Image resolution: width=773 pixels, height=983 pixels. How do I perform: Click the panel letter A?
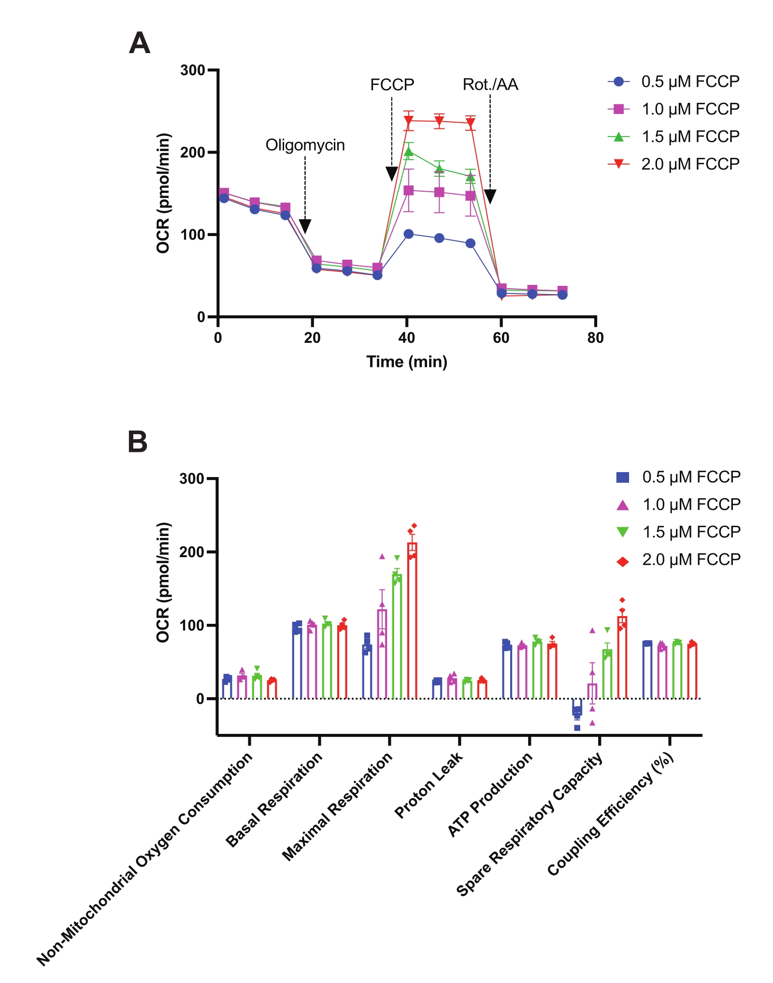tap(140, 43)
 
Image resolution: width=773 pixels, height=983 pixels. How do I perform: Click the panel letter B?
tap(137, 442)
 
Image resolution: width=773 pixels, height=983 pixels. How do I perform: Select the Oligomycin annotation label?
tap(305, 145)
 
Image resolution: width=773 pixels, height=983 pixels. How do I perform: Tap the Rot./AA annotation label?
tap(490, 85)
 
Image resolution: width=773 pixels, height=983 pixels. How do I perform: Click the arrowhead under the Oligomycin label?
tap(305, 226)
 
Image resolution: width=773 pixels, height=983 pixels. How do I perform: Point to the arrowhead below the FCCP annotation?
tap(392, 173)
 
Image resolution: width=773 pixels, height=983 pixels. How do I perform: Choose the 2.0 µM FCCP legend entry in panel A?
tap(673, 164)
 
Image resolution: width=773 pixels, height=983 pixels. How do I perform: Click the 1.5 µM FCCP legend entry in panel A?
tap(673, 137)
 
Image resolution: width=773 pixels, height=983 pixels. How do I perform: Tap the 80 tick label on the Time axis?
tap(595, 338)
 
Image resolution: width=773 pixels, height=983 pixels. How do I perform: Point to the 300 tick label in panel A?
tap(192, 70)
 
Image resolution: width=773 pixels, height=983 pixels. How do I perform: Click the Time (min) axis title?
tap(407, 362)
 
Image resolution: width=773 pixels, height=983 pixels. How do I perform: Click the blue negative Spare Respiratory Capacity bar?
tap(577, 706)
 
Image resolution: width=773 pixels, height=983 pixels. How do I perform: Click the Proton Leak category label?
tap(429, 785)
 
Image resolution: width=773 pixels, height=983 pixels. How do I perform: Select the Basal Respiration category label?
tap(274, 800)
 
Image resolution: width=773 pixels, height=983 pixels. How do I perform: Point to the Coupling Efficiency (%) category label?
tap(611, 814)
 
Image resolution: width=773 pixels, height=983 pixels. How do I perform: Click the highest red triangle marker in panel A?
tap(409, 120)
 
